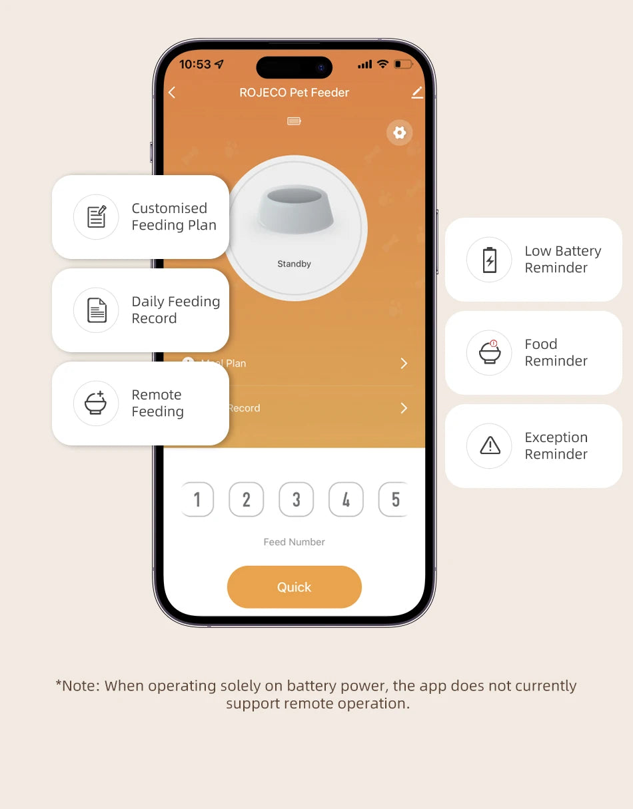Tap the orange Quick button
tap(294, 587)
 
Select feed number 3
tap(297, 499)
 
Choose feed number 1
tap(197, 499)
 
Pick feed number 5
tap(395, 499)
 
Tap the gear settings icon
tap(399, 133)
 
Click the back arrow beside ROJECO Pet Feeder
tap(172, 93)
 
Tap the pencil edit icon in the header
tap(417, 93)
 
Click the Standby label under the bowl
tap(294, 264)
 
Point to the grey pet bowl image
tap(295, 209)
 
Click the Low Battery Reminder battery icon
tap(490, 260)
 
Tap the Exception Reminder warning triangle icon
tap(490, 445)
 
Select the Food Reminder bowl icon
tap(490, 352)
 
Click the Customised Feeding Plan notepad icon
tap(97, 216)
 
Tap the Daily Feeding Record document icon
tap(97, 310)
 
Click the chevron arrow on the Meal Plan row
tap(404, 364)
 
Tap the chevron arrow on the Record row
tap(404, 408)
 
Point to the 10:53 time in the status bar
tap(195, 65)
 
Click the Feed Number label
tap(294, 542)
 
